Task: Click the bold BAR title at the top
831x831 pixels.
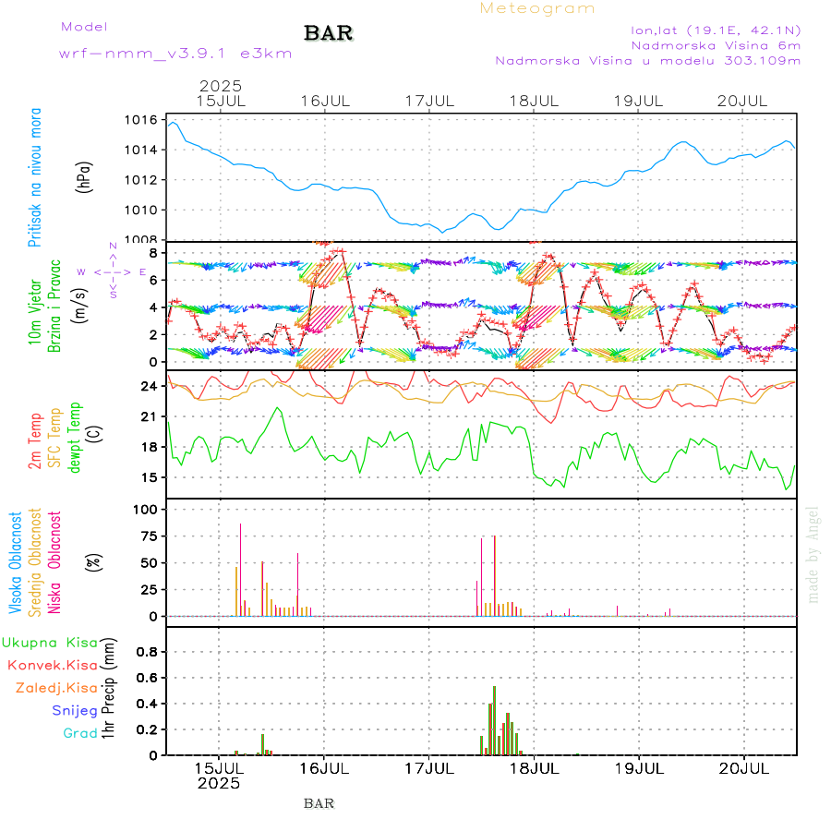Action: click(329, 34)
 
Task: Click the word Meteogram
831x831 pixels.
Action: click(537, 8)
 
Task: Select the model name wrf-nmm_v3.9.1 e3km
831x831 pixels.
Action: click(175, 54)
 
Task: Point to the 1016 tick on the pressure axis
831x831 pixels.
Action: click(143, 120)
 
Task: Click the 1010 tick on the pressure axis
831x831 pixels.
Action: click(143, 210)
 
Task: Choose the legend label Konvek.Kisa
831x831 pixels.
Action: click(53, 665)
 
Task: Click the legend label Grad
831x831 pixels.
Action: click(80, 734)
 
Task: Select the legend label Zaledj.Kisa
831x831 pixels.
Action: click(57, 688)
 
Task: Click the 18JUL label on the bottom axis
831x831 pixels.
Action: click(535, 767)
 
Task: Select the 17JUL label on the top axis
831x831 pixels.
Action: click(429, 100)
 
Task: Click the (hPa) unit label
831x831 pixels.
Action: click(84, 177)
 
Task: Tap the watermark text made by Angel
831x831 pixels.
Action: click(813, 554)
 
